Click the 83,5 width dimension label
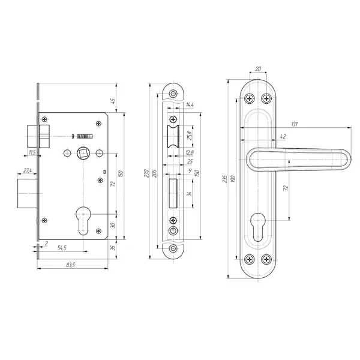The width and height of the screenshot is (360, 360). tap(70, 265)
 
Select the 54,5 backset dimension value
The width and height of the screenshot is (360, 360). tap(62, 248)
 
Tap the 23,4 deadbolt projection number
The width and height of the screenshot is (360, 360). tap(28, 170)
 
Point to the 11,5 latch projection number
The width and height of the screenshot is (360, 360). tap(32, 152)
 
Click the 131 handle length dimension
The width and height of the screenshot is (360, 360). tap(295, 124)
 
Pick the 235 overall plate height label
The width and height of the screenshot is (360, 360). tap(225, 179)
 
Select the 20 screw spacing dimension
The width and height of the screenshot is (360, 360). tap(258, 68)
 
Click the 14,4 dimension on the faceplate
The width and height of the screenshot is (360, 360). tap(190, 104)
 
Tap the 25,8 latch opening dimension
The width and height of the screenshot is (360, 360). tap(190, 136)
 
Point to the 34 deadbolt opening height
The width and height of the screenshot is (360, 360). tap(189, 194)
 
